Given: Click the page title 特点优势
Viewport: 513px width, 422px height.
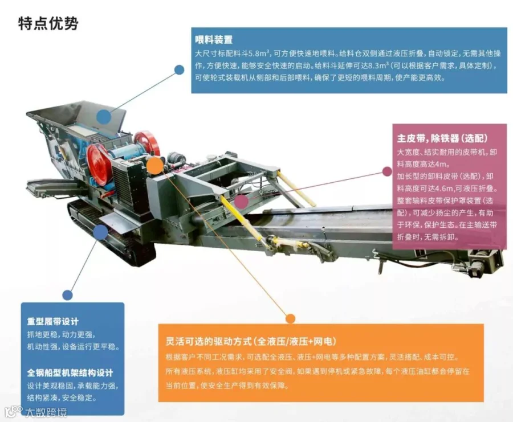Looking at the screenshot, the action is click(48, 24).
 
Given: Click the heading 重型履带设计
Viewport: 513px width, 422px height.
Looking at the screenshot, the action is click(53, 321).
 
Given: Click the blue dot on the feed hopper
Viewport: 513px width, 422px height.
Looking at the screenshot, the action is click(103, 117).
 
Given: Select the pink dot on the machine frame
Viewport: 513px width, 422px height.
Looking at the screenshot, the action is click(242, 201).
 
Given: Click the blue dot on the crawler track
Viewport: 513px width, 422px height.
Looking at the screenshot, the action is click(100, 231).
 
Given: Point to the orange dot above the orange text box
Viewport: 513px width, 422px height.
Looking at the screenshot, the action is click(290, 318).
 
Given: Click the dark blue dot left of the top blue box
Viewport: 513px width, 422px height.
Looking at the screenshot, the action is click(179, 69).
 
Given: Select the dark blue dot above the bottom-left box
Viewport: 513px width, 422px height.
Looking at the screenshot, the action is click(68, 294).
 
